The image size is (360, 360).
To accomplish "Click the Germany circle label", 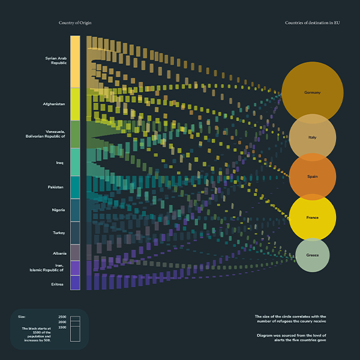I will pyautogui.click(x=312, y=93).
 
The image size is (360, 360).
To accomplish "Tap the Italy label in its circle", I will pyautogui.click(x=312, y=137).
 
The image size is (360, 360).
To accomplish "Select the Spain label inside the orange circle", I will pyautogui.click(x=312, y=177).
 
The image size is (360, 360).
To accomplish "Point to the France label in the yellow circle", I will pyautogui.click(x=312, y=217).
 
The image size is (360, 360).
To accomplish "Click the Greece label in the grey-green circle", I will pyautogui.click(x=312, y=255).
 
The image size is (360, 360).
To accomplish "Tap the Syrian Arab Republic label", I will pyautogui.click(x=56, y=60).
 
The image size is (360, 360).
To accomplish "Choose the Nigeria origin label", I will pyautogui.click(x=58, y=210).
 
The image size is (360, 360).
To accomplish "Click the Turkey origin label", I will pyautogui.click(x=59, y=232).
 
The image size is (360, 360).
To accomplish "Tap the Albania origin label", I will pyautogui.click(x=59, y=253).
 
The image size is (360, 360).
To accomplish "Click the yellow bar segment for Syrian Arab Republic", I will pyautogui.click(x=75, y=61).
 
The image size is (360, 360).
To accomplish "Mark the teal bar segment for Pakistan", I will pyautogui.click(x=75, y=187).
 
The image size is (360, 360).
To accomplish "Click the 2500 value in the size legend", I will pyautogui.click(x=62, y=316).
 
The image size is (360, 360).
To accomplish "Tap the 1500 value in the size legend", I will pyautogui.click(x=62, y=328).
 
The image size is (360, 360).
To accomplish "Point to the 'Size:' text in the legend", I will pyautogui.click(x=22, y=316).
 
